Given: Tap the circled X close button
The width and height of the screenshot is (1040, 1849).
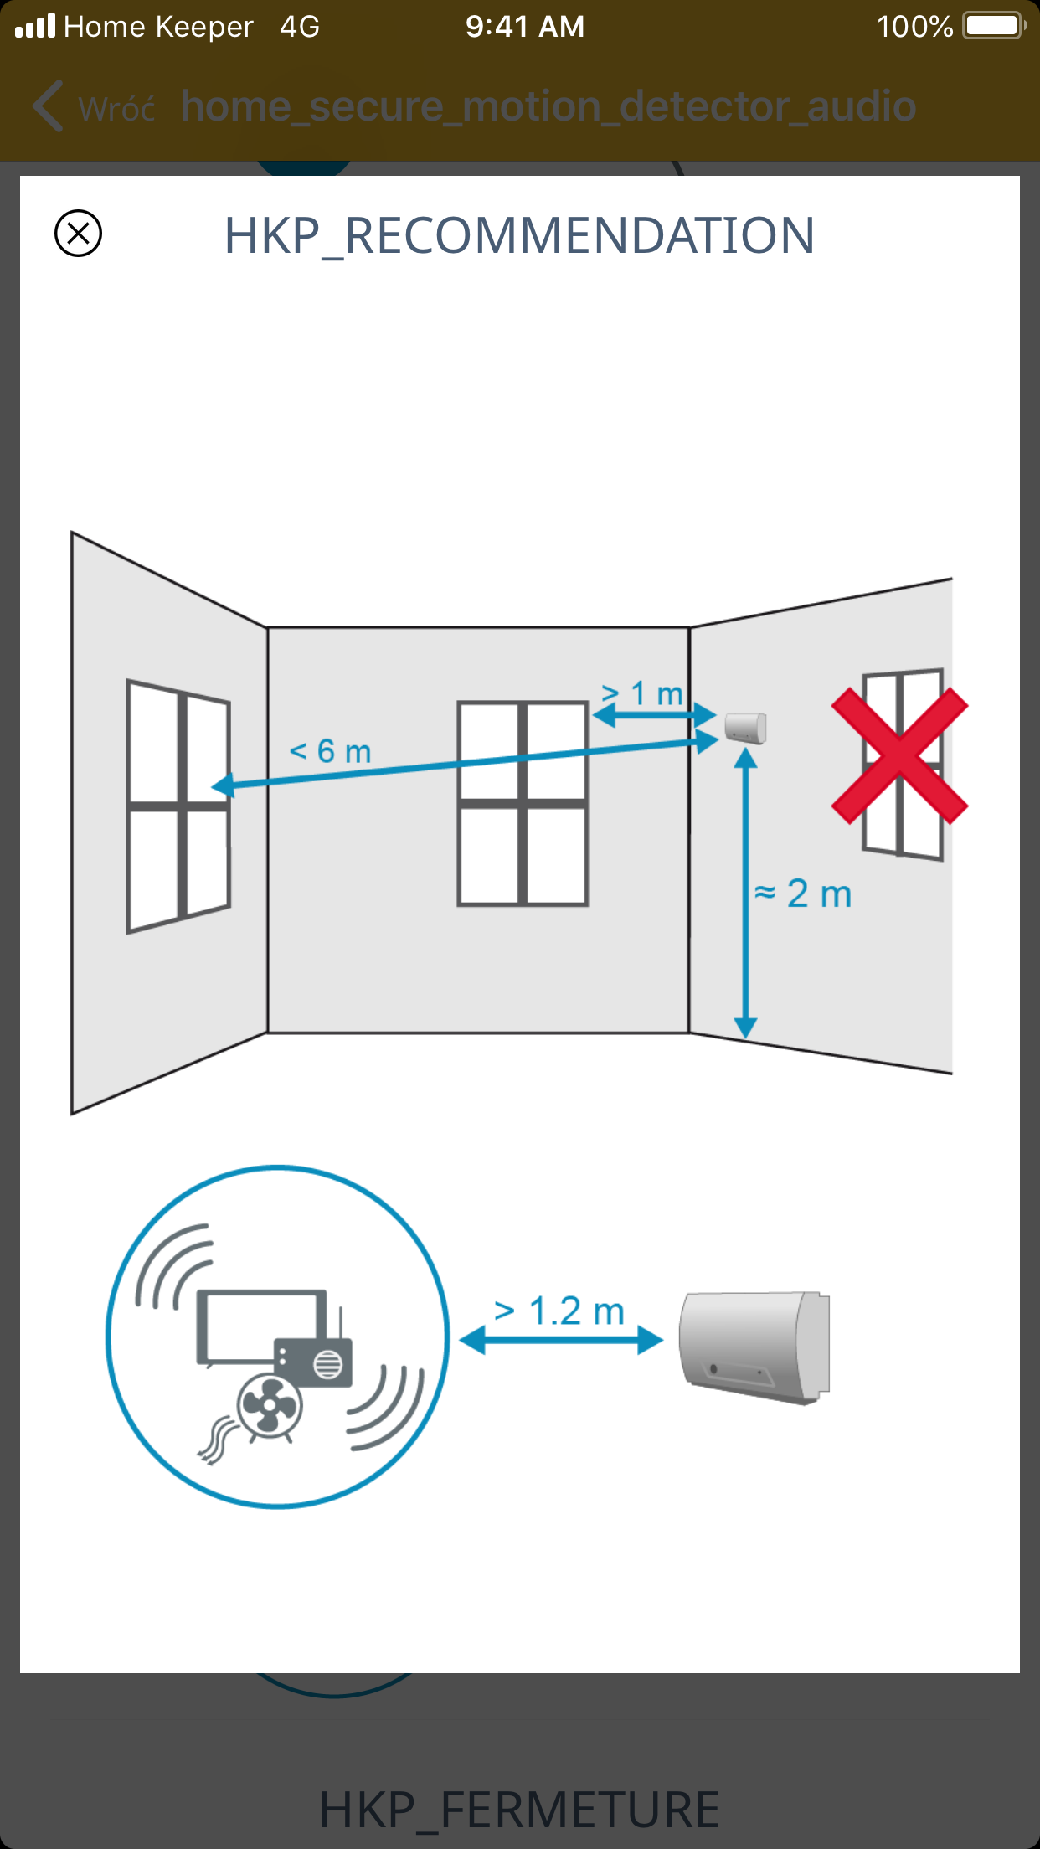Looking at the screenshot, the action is click(x=78, y=233).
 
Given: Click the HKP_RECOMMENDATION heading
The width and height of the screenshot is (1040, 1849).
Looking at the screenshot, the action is click(x=519, y=236).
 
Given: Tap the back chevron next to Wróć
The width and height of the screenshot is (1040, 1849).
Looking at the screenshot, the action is click(x=48, y=106).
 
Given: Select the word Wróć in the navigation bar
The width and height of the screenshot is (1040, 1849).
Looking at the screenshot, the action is click(x=116, y=109).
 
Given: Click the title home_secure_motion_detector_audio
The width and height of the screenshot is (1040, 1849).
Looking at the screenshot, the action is click(x=548, y=107).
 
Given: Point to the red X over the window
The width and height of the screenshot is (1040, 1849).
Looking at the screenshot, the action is click(x=899, y=756).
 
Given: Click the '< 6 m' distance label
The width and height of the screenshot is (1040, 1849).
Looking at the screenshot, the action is click(x=330, y=751).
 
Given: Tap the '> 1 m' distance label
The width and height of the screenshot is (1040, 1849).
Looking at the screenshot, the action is click(x=642, y=693).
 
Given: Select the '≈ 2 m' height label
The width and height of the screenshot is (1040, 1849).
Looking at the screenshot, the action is click(x=803, y=894).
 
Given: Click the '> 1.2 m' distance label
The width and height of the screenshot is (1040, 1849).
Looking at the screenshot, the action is click(x=559, y=1311).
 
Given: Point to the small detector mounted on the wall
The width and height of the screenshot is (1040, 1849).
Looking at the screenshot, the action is click(x=745, y=727).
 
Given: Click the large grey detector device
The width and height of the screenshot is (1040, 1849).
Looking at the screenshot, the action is click(x=754, y=1347).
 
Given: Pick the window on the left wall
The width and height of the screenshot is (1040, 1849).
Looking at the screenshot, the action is click(x=178, y=806).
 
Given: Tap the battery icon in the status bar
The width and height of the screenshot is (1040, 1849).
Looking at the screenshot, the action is click(x=995, y=25).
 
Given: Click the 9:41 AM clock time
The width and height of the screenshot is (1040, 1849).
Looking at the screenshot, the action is click(x=525, y=26).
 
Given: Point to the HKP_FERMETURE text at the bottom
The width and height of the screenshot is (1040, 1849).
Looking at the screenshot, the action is click(x=519, y=1809).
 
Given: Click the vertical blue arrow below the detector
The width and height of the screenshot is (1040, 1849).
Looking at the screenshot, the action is click(x=745, y=894).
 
